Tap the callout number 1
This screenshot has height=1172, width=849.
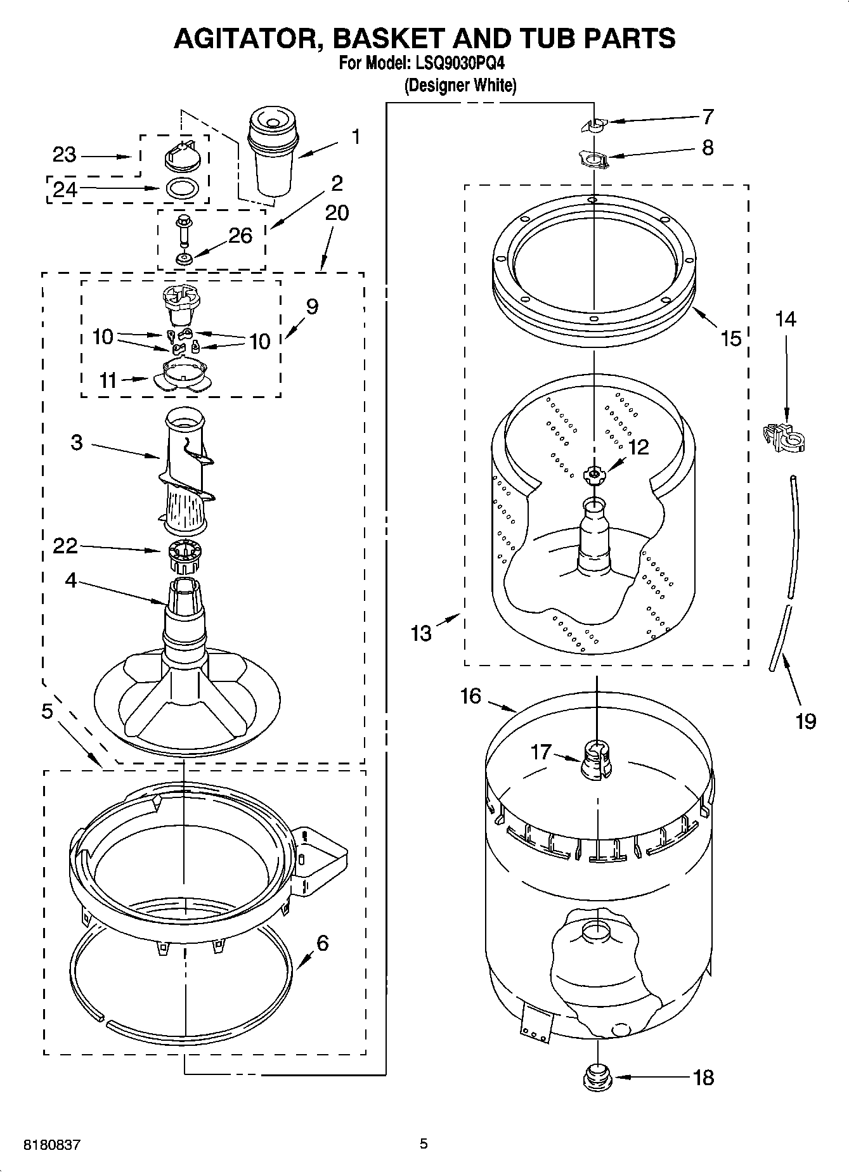356,137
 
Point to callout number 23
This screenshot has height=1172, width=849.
64,155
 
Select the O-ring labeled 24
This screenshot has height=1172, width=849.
184,188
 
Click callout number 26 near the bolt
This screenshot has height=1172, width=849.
240,236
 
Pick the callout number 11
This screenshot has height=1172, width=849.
108,380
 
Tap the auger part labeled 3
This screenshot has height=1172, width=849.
185,469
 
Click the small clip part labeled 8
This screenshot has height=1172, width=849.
594,158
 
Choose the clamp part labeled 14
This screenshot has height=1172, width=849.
784,437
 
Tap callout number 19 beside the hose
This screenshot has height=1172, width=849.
806,721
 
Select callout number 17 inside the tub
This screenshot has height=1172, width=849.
541,752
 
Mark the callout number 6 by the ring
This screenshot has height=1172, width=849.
322,943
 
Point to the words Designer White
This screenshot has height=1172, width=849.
460,86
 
